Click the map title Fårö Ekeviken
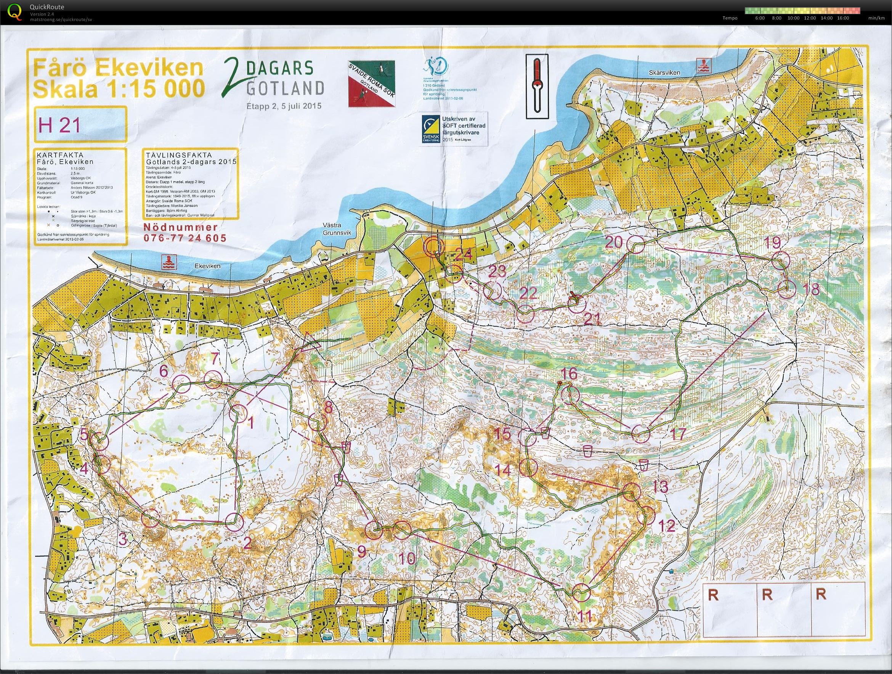tap(118, 69)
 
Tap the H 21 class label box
tap(81, 125)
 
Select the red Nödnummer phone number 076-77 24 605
tap(185, 238)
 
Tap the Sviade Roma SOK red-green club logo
tap(371, 84)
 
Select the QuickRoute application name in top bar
tap(47, 7)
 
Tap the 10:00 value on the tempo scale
tap(793, 18)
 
